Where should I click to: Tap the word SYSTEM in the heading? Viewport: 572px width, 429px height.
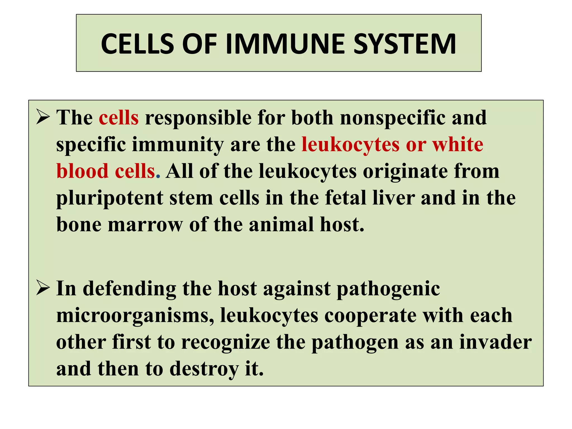[x=405, y=44]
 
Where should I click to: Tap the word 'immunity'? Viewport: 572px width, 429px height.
[x=178, y=145]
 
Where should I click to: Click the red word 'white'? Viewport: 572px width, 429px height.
[x=458, y=145]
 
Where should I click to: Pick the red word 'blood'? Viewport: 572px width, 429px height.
[x=82, y=171]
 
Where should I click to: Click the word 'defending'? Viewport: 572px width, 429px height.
[x=130, y=289]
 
